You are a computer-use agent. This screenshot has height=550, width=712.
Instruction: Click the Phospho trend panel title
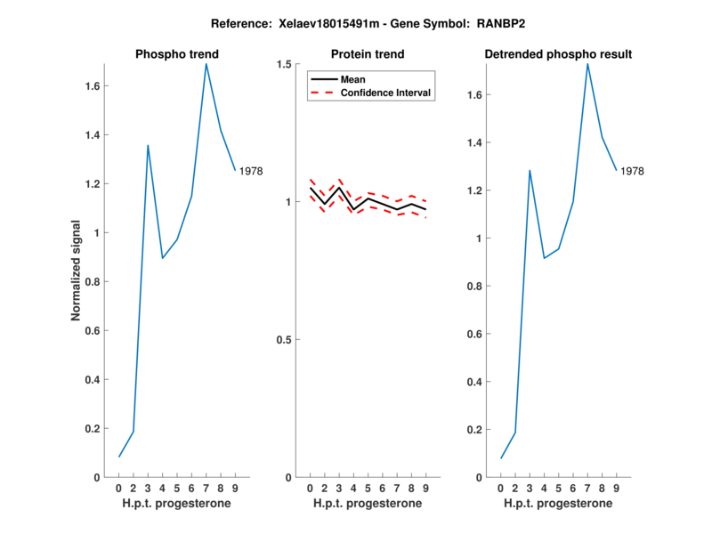point(176,54)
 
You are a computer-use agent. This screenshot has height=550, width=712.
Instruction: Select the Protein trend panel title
point(368,54)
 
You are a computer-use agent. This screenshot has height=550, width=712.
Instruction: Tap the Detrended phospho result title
point(558,54)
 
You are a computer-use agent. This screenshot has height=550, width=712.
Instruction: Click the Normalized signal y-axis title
point(77,271)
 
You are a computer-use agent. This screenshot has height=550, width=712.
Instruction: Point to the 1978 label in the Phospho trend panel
point(251,171)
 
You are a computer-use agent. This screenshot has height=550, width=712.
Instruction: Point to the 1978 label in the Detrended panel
point(632,171)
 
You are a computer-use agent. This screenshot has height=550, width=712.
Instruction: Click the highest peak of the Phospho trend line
point(206,63)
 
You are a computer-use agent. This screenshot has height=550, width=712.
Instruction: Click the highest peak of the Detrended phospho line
point(587,63)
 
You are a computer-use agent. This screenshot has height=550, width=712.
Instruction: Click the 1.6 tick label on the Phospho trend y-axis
point(91,86)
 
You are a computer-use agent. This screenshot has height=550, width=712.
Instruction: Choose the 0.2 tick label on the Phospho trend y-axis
point(91,429)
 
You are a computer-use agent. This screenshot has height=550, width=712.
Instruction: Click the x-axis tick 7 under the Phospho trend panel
point(206,489)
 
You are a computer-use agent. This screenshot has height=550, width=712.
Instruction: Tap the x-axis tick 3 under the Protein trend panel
point(339,489)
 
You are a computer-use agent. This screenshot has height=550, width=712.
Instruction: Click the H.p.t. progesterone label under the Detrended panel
point(558,504)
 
